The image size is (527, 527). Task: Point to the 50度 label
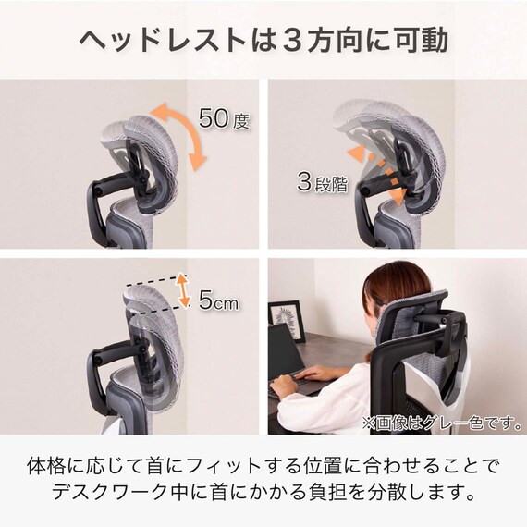pos(225,118)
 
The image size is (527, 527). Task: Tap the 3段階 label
pos(321,181)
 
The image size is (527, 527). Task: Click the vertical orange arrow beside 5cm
pos(183,290)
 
